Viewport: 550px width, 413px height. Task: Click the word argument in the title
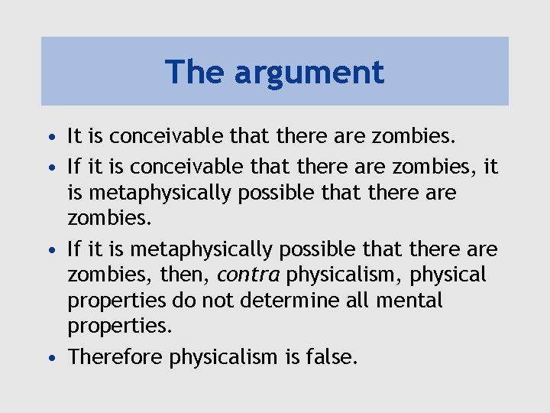(x=309, y=73)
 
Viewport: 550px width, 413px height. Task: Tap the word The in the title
(x=196, y=72)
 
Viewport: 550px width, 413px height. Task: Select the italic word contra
(x=248, y=275)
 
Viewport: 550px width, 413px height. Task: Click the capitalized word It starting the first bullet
(x=75, y=137)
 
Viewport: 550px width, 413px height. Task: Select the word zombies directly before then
(x=103, y=275)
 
